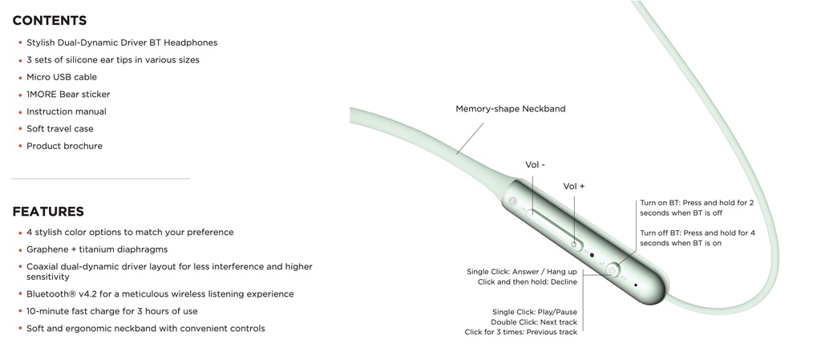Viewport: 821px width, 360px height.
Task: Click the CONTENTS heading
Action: tap(49, 20)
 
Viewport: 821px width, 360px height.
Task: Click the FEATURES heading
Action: tap(48, 212)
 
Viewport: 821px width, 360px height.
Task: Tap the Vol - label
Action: tap(535, 165)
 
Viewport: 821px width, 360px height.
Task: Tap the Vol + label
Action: tap(574, 186)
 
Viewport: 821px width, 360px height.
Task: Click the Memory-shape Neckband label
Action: tap(511, 109)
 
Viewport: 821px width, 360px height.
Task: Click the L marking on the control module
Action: tap(512, 200)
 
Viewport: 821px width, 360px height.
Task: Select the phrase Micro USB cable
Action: tap(62, 77)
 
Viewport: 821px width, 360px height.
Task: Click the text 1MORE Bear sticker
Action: tap(68, 94)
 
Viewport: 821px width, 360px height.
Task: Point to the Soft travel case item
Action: tap(59, 129)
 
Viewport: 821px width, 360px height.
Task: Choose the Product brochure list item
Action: tap(64, 146)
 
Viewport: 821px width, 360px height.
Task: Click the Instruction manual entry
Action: tap(67, 111)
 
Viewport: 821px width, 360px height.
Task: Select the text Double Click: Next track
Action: tap(534, 322)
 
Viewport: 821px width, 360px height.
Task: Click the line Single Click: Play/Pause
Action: tap(535, 313)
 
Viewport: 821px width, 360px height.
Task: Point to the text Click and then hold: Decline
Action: tap(528, 282)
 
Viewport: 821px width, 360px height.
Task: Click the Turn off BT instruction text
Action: tap(698, 238)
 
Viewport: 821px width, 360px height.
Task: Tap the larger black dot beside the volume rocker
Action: tap(592, 255)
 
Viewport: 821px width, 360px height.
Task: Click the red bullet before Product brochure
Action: tap(20, 147)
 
